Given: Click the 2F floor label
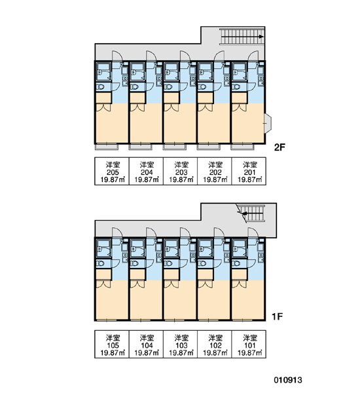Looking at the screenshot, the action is (279, 147).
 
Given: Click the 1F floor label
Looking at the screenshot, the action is (278, 317).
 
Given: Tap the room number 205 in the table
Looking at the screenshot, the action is (113, 172).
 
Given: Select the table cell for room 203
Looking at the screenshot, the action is (181, 171).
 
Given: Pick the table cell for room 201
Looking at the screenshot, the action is (249, 171).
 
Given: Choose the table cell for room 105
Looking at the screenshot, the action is (112, 344).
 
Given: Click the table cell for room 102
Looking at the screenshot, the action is (215, 344).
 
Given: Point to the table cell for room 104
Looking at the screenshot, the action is (146, 344).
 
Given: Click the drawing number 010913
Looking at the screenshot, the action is (288, 380).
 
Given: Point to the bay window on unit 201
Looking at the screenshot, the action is (268, 123).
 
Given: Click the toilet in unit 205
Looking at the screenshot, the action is (100, 87).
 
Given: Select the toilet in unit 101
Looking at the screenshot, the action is (236, 264).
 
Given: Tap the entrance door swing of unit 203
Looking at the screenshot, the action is (185, 56).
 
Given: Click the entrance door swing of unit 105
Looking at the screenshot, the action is (117, 233).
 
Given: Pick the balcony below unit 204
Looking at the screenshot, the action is (140, 147).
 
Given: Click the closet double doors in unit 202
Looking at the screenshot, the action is (206, 107).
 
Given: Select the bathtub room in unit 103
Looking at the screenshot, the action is (171, 248).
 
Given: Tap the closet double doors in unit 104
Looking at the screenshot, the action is (137, 284).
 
